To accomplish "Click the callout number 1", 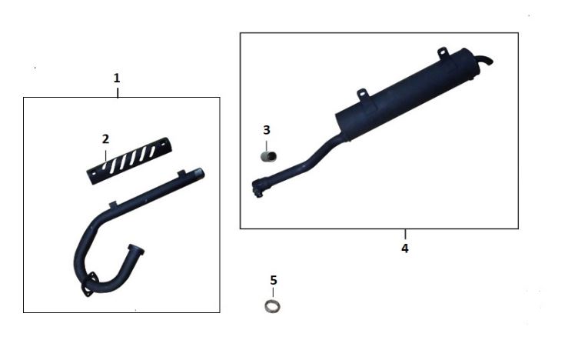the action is click(117, 78).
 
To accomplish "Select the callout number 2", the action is click(105, 139).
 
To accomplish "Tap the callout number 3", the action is click(267, 130).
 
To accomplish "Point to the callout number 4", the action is click(405, 248).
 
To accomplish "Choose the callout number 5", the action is click(273, 280).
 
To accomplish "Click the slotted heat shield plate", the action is click(129, 161).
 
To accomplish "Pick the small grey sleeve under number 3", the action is click(269, 156).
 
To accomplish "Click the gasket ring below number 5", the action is click(272, 306).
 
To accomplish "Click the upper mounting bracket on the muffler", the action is click(443, 52).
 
